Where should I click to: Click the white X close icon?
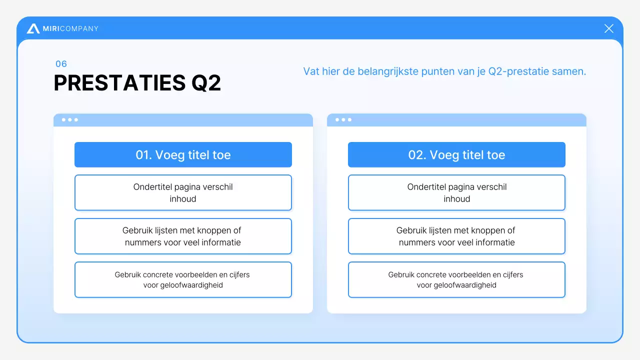pyautogui.click(x=608, y=28)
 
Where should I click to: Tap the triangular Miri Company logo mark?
pyautogui.click(x=33, y=29)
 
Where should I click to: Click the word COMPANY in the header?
pyautogui.click(x=79, y=29)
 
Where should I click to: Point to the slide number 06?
pyautogui.click(x=61, y=64)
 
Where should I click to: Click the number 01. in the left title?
pyautogui.click(x=143, y=155)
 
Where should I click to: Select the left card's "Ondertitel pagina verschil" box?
pyautogui.click(x=183, y=192)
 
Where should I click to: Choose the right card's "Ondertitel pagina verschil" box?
pyautogui.click(x=456, y=192)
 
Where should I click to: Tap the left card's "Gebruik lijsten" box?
pyautogui.click(x=183, y=236)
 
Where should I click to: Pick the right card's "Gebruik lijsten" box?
pyautogui.click(x=456, y=236)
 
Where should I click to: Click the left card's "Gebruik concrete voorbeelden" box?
pyautogui.click(x=183, y=279)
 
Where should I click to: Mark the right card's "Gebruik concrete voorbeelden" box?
pyautogui.click(x=456, y=279)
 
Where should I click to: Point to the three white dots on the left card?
pyautogui.click(x=70, y=120)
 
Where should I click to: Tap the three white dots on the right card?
pyautogui.click(x=343, y=120)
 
